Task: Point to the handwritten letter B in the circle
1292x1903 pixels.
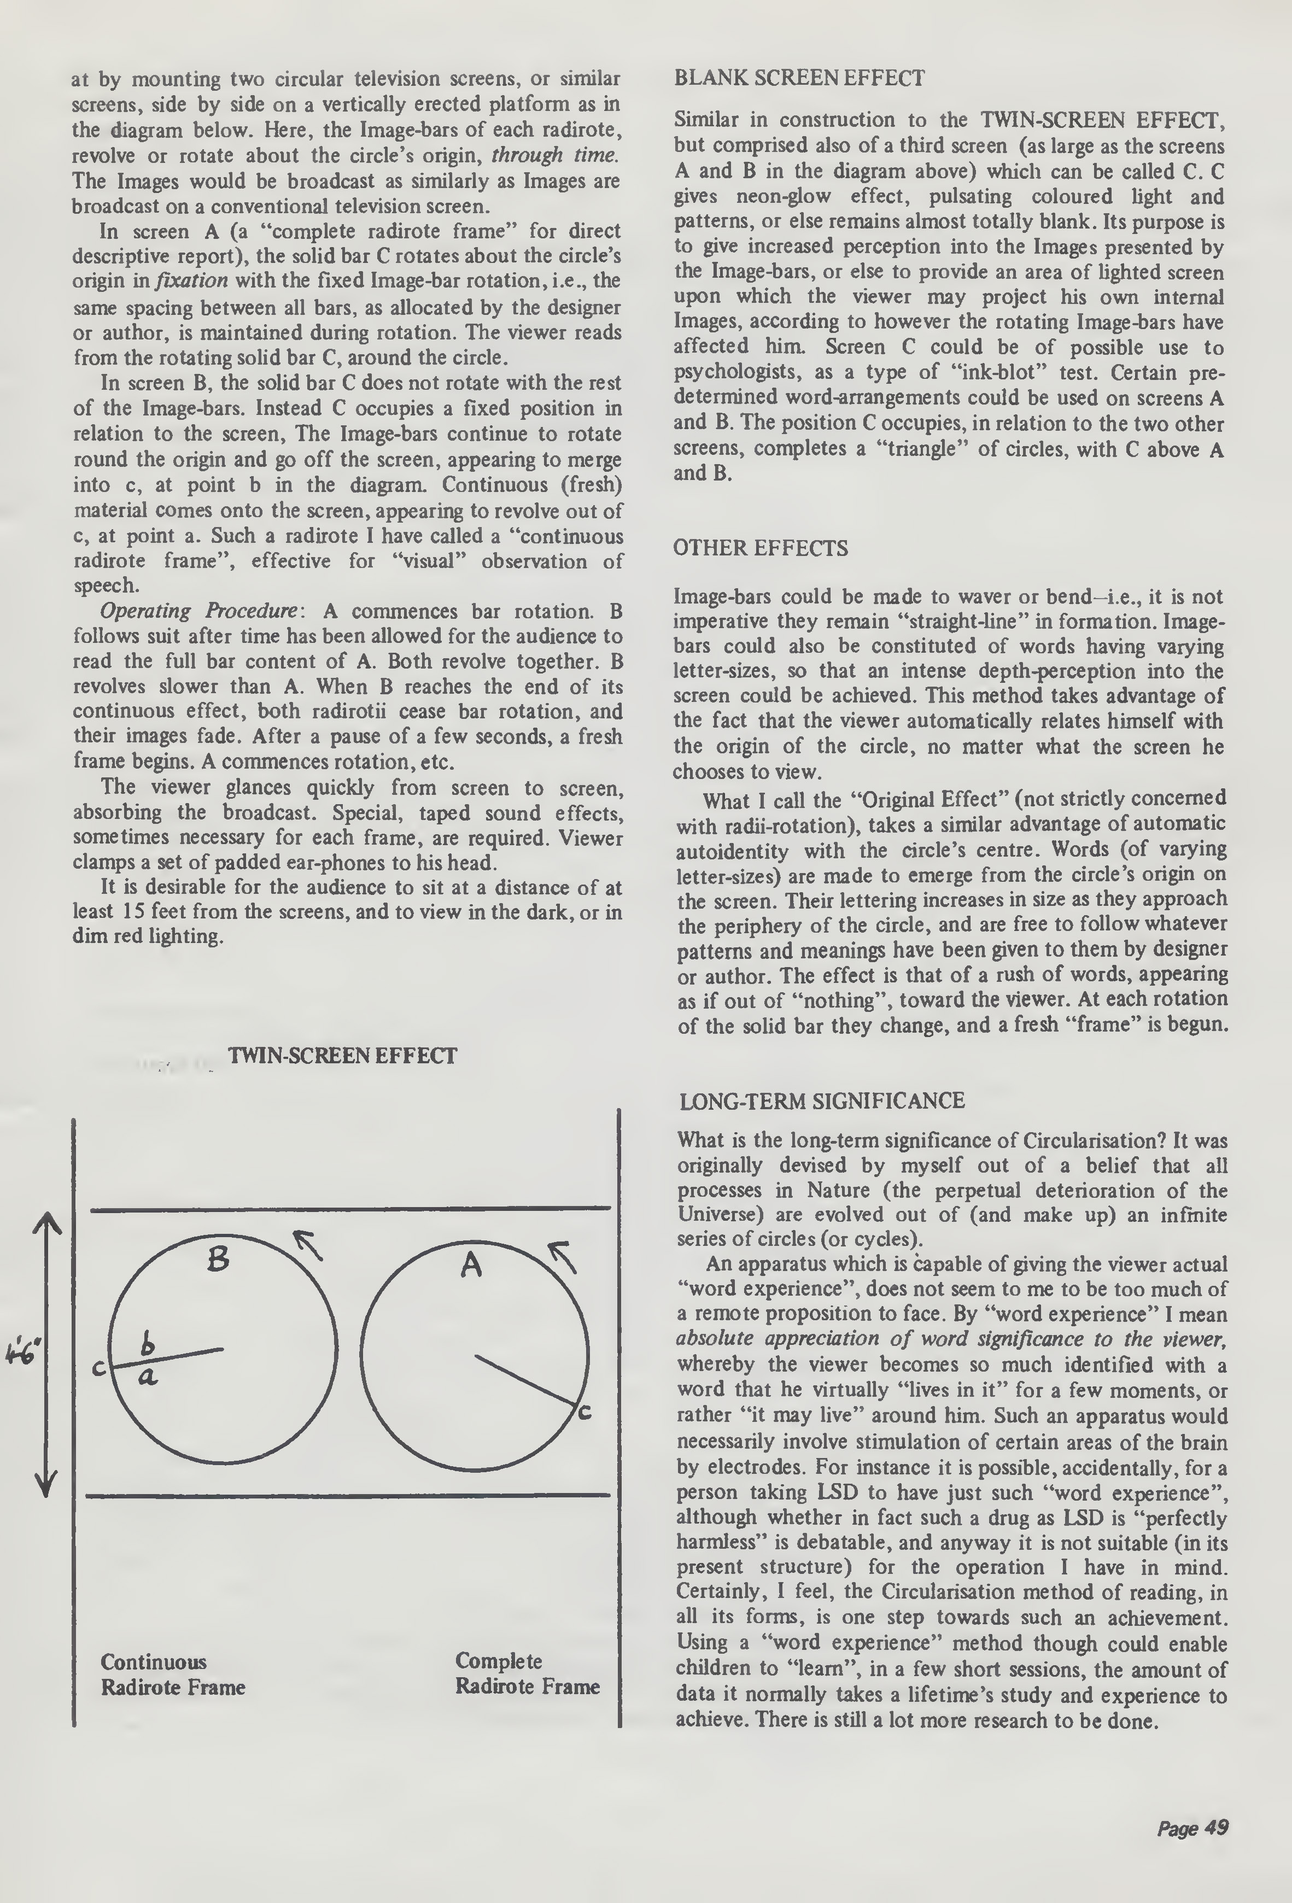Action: click(x=217, y=1258)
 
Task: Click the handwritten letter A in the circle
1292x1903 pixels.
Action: click(x=471, y=1266)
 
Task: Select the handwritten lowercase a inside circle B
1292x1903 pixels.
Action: click(x=148, y=1377)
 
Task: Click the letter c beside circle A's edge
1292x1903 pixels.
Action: click(x=584, y=1412)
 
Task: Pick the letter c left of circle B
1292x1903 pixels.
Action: click(x=98, y=1367)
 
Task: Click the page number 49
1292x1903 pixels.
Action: click(x=1192, y=1828)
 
